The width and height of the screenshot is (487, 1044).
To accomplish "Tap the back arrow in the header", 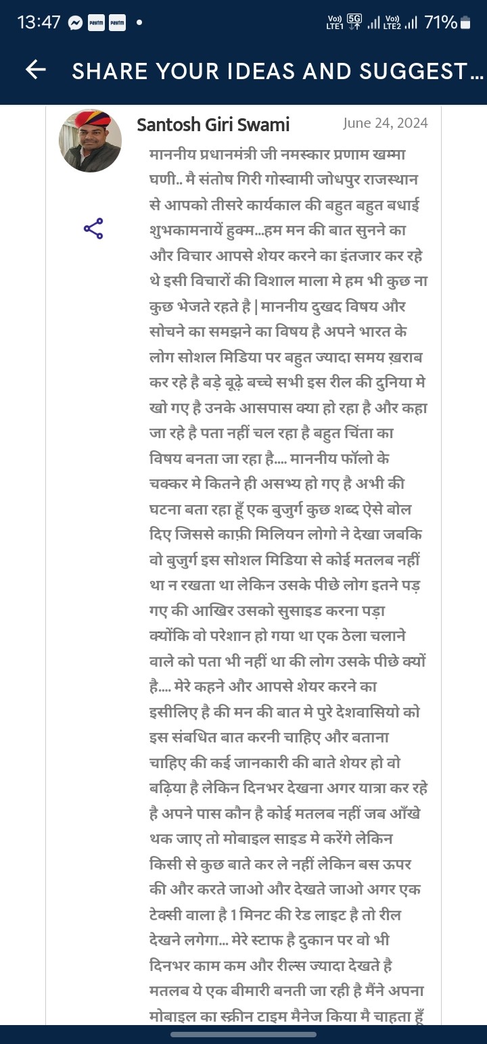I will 35,70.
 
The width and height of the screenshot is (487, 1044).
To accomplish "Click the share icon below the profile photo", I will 93,229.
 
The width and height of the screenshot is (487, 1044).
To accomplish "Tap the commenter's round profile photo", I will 91,141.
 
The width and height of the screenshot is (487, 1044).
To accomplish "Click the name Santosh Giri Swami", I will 213,124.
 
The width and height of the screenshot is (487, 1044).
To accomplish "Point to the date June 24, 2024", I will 386,123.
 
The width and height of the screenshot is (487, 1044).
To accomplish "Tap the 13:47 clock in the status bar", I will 39,22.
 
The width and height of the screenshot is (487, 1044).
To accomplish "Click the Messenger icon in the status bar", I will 76,23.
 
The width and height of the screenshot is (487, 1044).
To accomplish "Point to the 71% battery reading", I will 440,22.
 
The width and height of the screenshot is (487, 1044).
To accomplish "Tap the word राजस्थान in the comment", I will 398,179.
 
